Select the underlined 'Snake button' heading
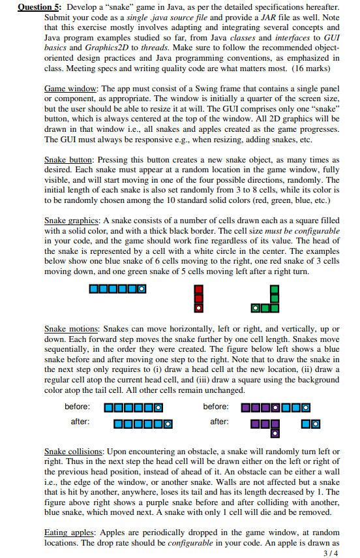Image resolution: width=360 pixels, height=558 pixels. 71,159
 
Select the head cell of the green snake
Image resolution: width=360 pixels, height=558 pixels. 258,307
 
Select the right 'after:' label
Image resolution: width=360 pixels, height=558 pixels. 219,422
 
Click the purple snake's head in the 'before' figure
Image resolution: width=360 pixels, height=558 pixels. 275,409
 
